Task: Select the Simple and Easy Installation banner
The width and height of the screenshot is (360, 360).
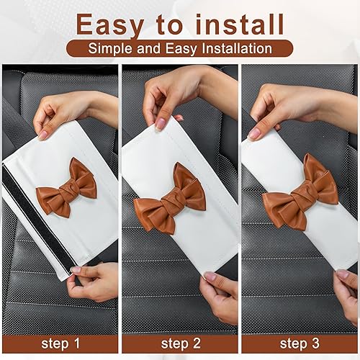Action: tap(180, 49)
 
